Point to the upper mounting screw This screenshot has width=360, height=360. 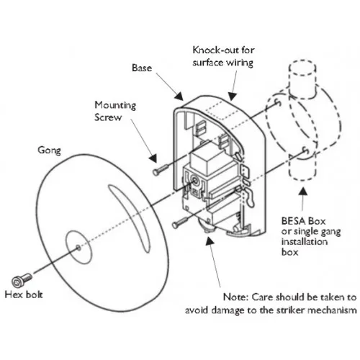(159, 171)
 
